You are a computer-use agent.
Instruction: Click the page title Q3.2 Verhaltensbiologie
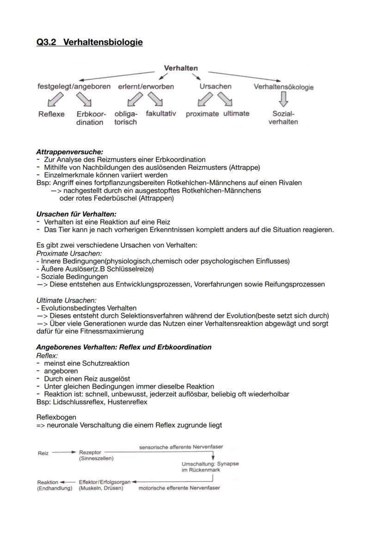(x=89, y=43)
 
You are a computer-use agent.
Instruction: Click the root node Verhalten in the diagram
(x=181, y=68)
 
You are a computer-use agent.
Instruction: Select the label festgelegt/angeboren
(x=74, y=86)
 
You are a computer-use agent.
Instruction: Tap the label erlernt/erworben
(x=146, y=86)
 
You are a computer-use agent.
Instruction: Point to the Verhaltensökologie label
(x=284, y=87)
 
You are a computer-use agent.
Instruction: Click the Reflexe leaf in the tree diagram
(x=51, y=114)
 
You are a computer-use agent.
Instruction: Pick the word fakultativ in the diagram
(x=161, y=114)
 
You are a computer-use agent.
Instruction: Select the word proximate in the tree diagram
(x=202, y=114)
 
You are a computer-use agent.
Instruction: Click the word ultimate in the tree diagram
(x=236, y=114)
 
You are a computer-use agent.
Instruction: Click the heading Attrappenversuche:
(x=69, y=152)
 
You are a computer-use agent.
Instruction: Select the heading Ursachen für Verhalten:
(x=76, y=214)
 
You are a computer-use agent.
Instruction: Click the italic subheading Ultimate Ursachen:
(x=66, y=300)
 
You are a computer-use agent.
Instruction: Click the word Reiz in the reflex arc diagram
(x=43, y=453)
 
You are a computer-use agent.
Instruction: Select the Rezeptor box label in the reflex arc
(x=90, y=453)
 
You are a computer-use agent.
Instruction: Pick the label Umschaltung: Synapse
(x=210, y=463)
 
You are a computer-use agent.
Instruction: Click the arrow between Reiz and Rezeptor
(x=64, y=453)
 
